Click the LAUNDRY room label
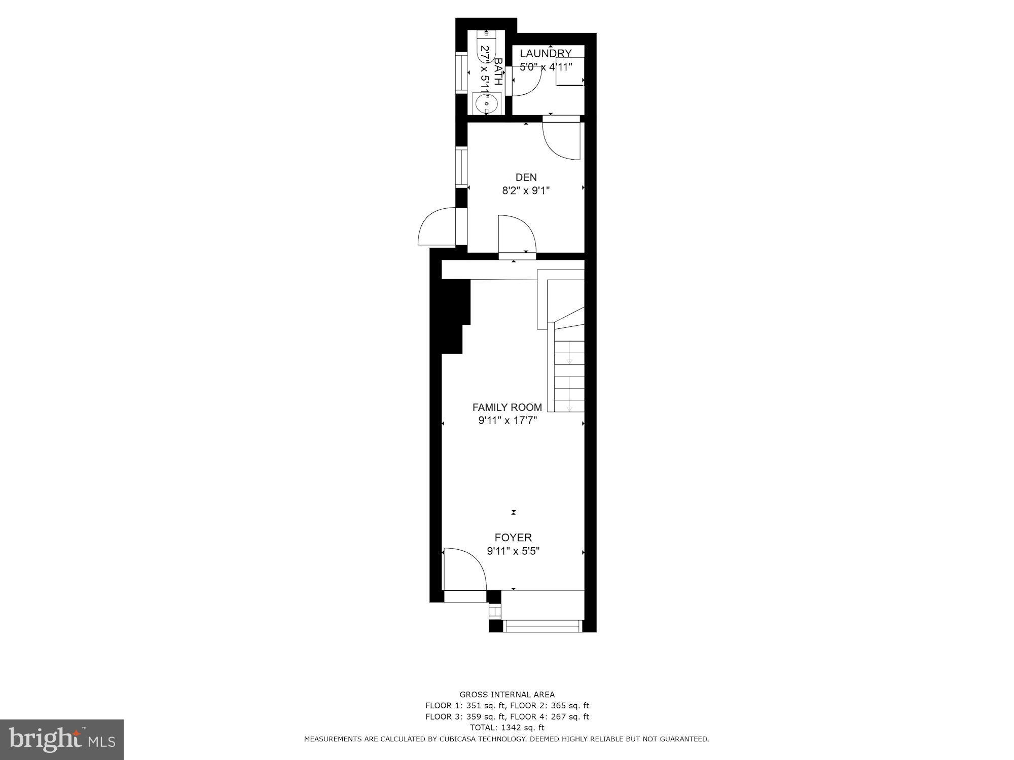point(546,53)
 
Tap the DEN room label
point(526,177)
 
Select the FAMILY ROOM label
point(507,407)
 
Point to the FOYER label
point(513,538)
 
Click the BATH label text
point(498,71)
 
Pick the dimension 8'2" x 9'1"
point(526,191)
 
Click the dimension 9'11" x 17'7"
point(507,421)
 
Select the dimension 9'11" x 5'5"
point(513,551)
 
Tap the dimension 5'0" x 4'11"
point(546,66)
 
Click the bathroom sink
point(486,104)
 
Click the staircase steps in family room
point(569,375)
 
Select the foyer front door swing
point(464,570)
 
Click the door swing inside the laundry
point(527,81)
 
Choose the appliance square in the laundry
point(570,71)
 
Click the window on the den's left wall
point(461,167)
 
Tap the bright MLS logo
point(62,739)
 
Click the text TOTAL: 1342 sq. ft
point(507,728)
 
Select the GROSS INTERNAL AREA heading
point(507,695)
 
